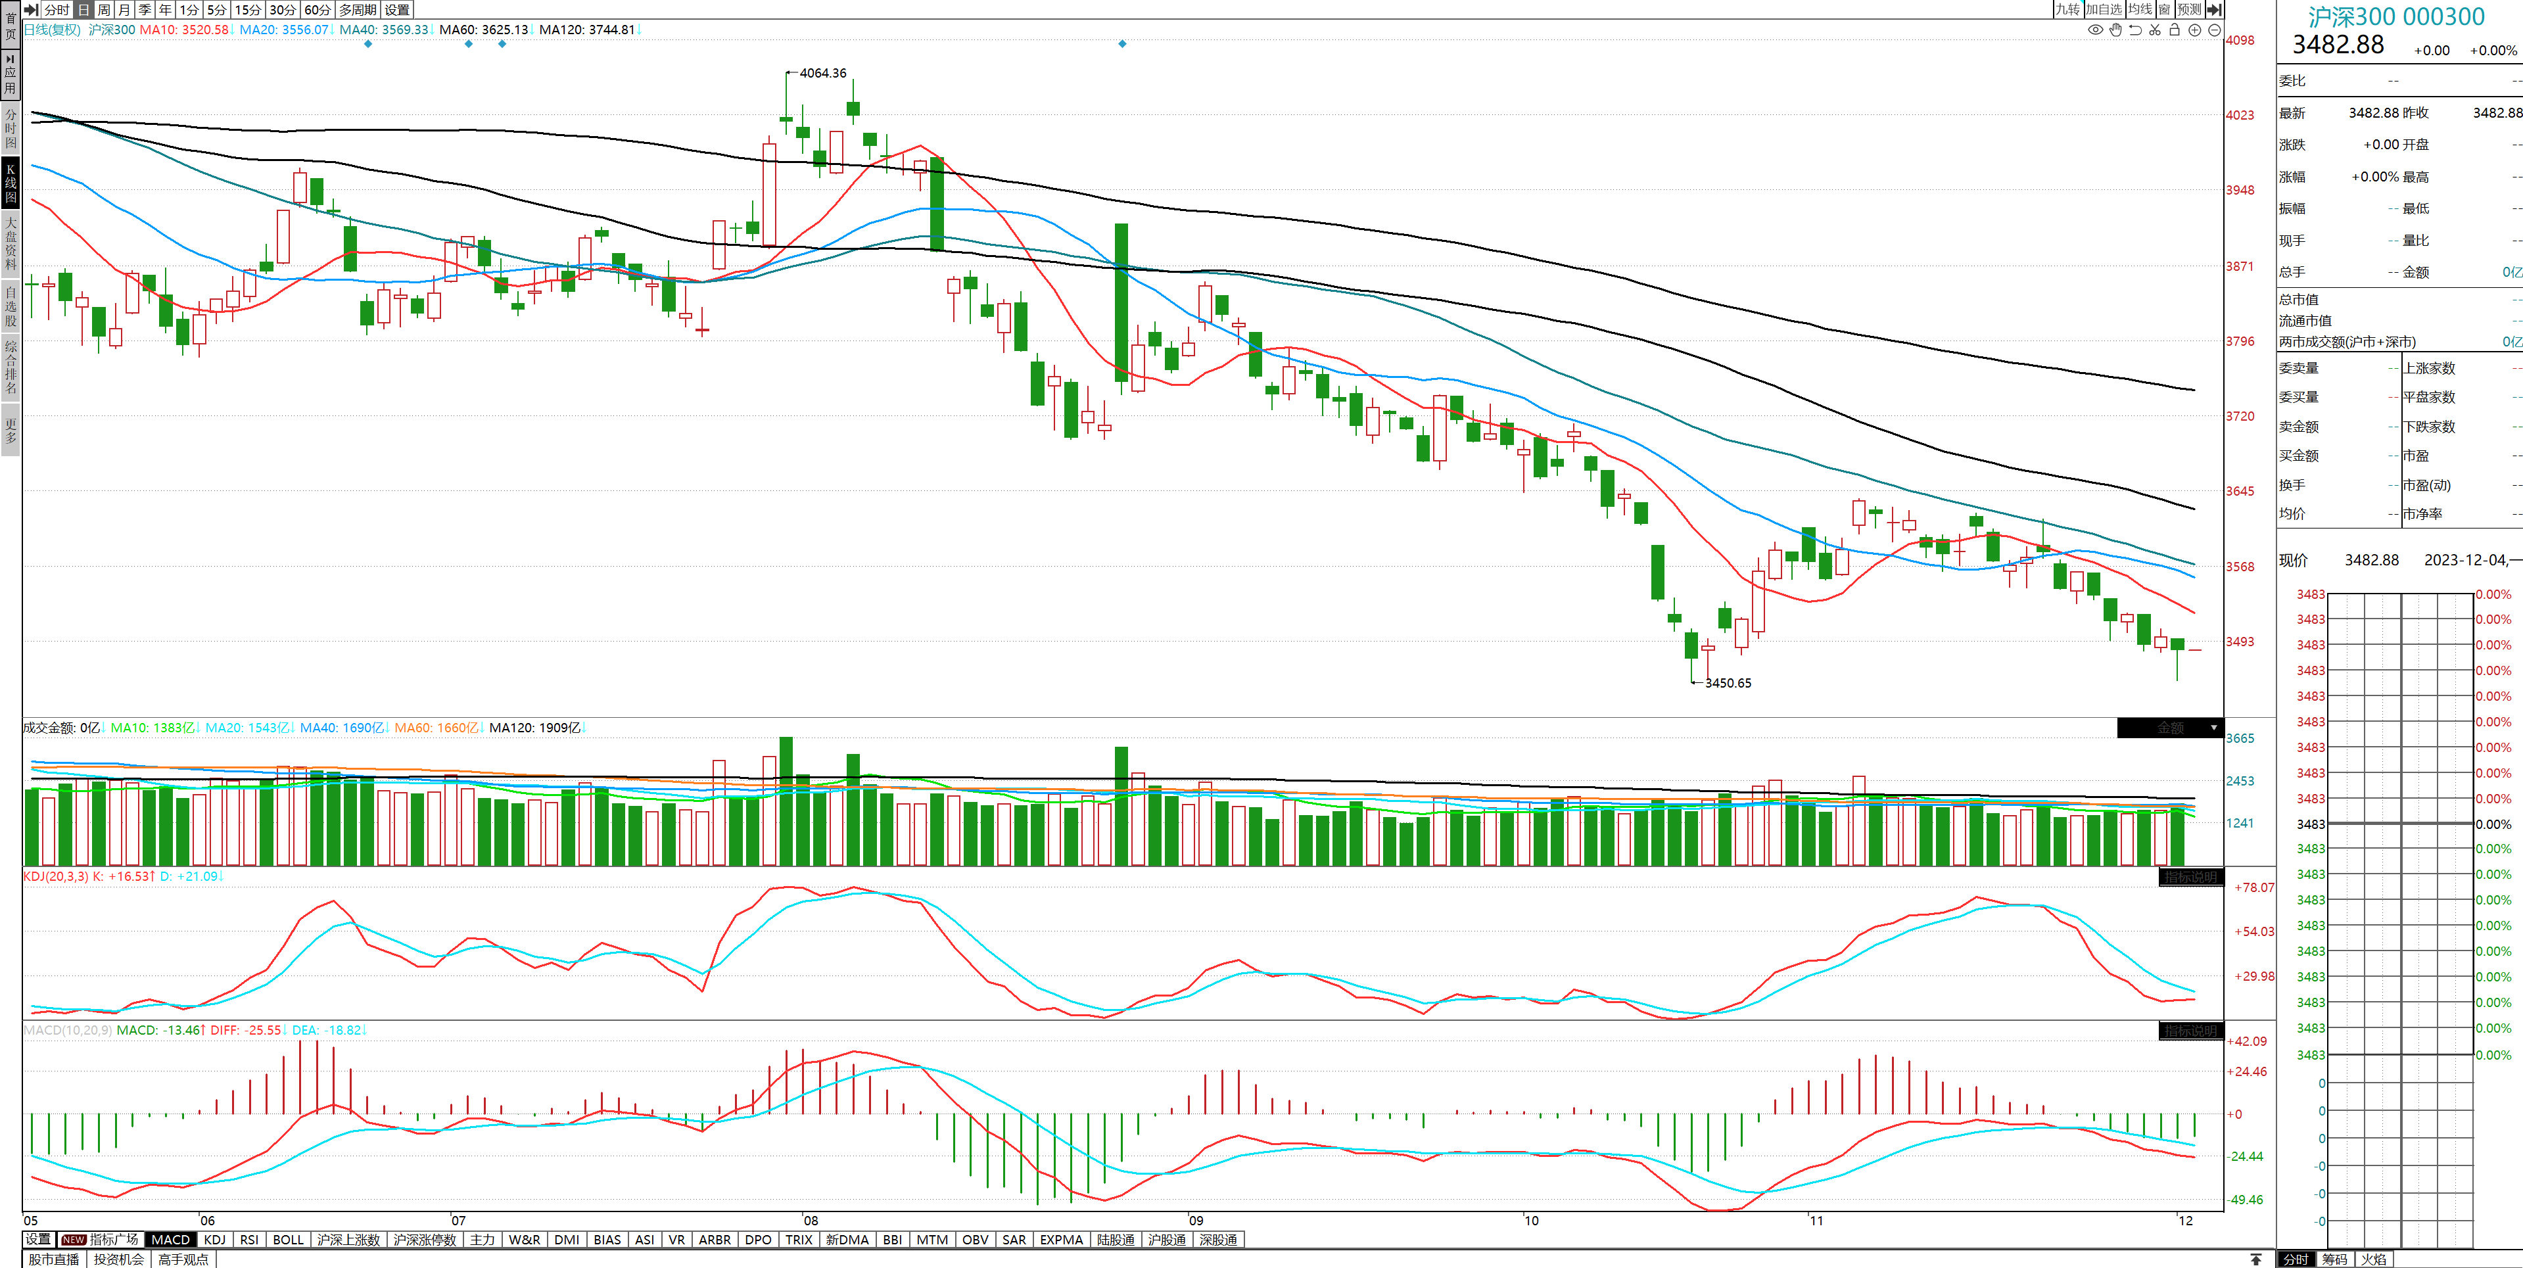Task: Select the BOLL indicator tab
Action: pos(288,1240)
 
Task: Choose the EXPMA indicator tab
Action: pos(1061,1240)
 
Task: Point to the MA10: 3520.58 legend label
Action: pos(183,30)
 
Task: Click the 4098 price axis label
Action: pos(2240,40)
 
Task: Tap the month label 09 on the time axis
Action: pos(1196,1221)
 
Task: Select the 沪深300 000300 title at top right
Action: pos(2395,16)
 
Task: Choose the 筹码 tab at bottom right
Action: pos(2335,1259)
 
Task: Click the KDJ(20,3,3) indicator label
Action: pos(56,876)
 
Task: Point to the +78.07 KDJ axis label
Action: pos(2253,888)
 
